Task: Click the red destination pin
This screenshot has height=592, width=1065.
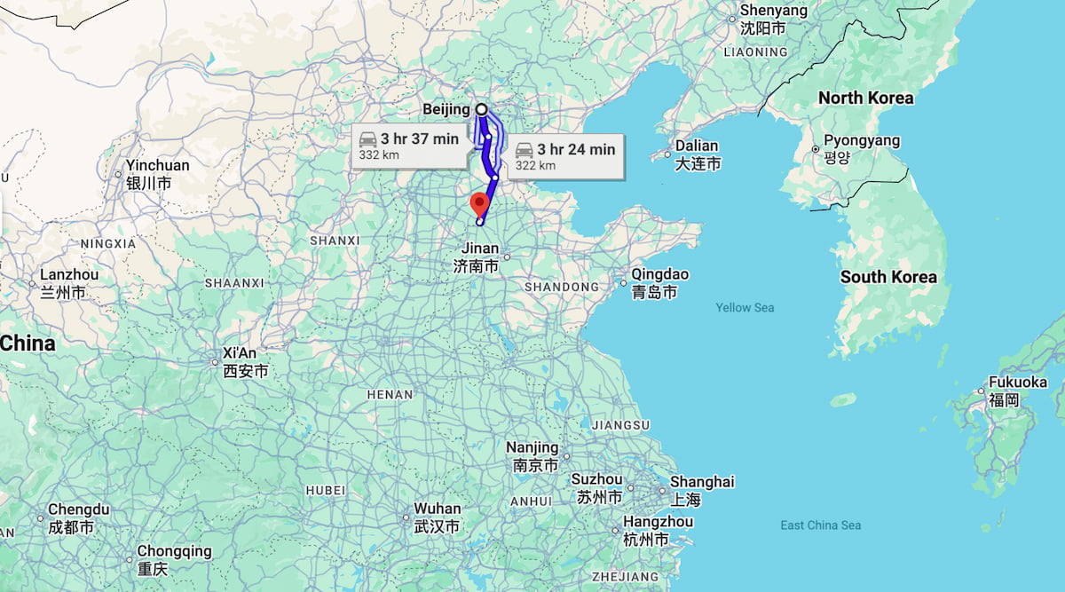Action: pos(480,204)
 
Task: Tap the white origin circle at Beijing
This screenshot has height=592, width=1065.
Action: pos(481,109)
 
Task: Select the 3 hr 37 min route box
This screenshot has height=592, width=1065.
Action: pos(410,146)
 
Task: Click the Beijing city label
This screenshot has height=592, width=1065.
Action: pos(446,109)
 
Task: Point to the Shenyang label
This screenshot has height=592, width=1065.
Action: pos(773,12)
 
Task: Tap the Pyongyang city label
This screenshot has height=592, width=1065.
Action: pos(861,140)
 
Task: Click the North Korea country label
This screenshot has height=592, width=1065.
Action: pos(865,98)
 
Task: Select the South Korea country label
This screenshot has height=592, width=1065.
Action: pos(887,277)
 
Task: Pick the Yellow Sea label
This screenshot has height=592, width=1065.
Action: pos(745,308)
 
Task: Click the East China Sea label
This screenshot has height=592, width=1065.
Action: pos(820,525)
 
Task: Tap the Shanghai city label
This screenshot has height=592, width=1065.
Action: pos(702,482)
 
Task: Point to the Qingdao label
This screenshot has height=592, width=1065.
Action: pos(659,274)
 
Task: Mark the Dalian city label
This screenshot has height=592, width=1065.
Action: pos(696,146)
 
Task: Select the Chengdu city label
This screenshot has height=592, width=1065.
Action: pos(78,509)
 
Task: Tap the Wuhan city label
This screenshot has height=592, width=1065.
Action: pos(438,509)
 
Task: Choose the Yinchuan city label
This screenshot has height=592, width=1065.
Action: pos(157,166)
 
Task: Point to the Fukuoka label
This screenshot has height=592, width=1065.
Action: pos(1017,383)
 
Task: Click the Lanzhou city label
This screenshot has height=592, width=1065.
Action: pos(68,275)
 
